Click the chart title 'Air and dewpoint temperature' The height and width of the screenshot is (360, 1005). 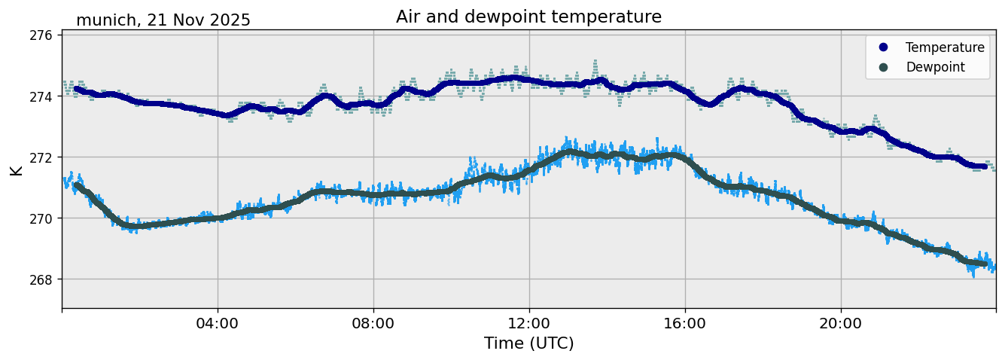[x=528, y=17]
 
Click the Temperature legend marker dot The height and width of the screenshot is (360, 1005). [x=883, y=47]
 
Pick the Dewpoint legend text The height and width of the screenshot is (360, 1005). [x=935, y=67]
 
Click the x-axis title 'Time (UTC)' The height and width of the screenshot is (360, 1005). [x=528, y=343]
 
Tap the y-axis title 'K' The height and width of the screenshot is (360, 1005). [x=16, y=170]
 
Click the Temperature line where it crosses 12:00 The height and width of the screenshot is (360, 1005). [x=529, y=80]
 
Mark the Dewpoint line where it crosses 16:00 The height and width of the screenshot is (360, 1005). [x=685, y=159]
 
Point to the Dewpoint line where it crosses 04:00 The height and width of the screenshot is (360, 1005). [x=218, y=218]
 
